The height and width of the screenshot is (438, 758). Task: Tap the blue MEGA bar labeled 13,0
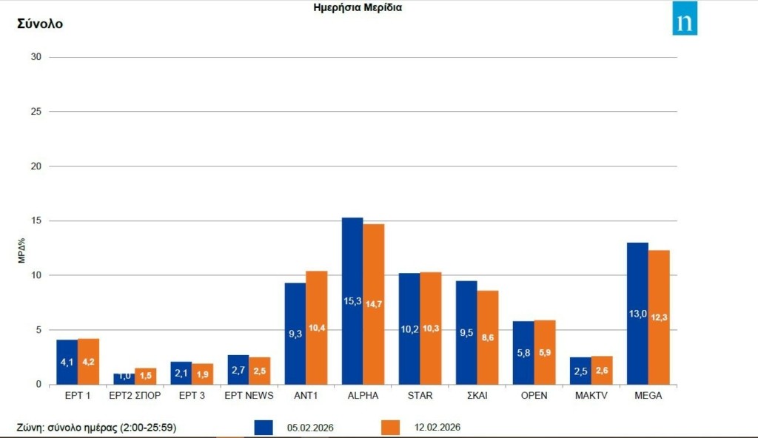637,313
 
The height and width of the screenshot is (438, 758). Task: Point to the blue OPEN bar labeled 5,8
523,352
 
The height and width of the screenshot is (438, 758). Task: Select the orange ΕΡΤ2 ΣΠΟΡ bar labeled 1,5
146,376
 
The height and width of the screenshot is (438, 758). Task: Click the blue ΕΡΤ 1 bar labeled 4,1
67,362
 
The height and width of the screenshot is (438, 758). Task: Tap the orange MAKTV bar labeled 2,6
602,370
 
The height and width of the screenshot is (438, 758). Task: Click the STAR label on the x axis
420,396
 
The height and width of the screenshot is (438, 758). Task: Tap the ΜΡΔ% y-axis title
22,251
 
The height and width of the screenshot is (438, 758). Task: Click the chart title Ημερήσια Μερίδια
358,8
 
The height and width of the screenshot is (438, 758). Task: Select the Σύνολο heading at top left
40,24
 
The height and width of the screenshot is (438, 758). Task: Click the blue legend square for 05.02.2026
264,428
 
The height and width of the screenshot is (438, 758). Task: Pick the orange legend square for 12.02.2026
390,428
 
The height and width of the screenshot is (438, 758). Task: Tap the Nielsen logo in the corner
685,18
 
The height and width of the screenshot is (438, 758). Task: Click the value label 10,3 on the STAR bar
431,328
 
